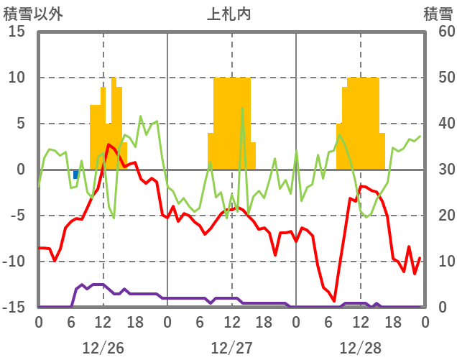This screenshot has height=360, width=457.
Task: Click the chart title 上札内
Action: pyautogui.click(x=228, y=14)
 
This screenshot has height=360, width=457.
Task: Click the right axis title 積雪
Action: pyautogui.click(x=437, y=14)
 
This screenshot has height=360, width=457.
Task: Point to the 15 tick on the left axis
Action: pyautogui.click(x=17, y=32)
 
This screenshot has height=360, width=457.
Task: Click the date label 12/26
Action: pyautogui.click(x=103, y=348)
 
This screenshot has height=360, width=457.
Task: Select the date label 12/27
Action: pyautogui.click(x=231, y=348)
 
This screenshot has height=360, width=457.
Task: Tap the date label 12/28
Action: pyautogui.click(x=360, y=348)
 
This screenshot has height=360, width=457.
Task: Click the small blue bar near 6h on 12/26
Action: pyautogui.click(x=76, y=175)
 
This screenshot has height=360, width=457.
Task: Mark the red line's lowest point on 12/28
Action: pyautogui.click(x=334, y=301)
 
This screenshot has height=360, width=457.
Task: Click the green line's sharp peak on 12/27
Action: pyautogui.click(x=242, y=109)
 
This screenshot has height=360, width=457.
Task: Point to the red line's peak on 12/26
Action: pyautogui.click(x=109, y=144)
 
